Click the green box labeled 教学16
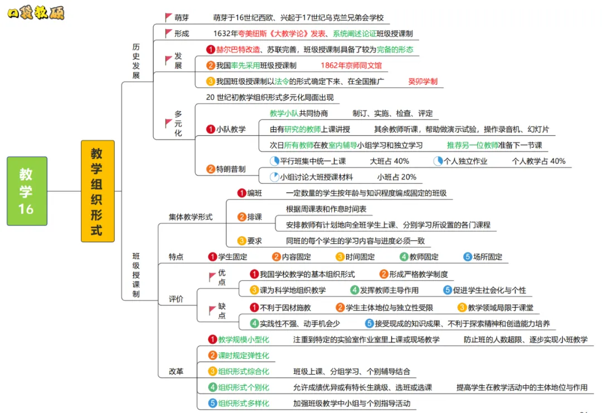27,191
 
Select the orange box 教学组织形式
97,191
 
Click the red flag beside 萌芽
168,18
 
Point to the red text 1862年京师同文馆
351,65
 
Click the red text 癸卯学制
423,81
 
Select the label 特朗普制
230,169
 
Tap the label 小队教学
230,129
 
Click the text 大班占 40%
389,161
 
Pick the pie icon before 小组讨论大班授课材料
274,177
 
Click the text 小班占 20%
396,177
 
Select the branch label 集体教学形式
191,217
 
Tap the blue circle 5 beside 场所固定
468,257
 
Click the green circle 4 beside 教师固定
404,257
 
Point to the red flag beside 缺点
212,310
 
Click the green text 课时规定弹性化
243,355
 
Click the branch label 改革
176,371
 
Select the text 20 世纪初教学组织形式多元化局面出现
270,98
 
